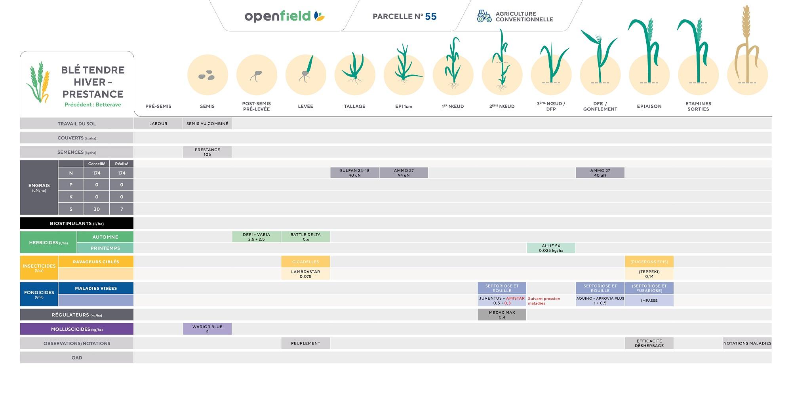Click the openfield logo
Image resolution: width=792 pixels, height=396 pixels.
284,16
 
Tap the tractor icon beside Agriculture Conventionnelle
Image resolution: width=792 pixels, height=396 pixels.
484,16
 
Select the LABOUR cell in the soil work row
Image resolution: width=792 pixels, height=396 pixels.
158,124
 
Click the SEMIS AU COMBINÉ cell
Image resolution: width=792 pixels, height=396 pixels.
207,124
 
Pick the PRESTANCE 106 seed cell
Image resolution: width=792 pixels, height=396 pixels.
207,152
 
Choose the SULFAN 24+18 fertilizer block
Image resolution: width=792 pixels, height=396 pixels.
354,173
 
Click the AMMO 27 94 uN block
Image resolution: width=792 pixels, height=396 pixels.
404,173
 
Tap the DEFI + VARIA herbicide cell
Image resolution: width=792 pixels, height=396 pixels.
256,237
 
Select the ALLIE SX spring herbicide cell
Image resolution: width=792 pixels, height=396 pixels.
551,248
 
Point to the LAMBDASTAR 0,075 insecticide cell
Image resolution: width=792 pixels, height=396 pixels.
305,274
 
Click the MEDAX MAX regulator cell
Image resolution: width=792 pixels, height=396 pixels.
502,315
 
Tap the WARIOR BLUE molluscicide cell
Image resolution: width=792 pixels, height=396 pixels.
207,329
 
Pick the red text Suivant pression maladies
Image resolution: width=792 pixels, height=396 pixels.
544,301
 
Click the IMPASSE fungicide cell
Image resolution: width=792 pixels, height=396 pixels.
649,301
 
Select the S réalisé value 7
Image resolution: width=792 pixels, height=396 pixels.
122,209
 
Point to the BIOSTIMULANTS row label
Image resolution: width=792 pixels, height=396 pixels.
77,223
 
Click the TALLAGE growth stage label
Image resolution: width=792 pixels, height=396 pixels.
354,106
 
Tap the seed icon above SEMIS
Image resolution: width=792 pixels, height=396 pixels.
207,75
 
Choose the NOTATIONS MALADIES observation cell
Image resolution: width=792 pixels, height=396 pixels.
747,343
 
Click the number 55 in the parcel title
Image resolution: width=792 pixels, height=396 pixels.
430,17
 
